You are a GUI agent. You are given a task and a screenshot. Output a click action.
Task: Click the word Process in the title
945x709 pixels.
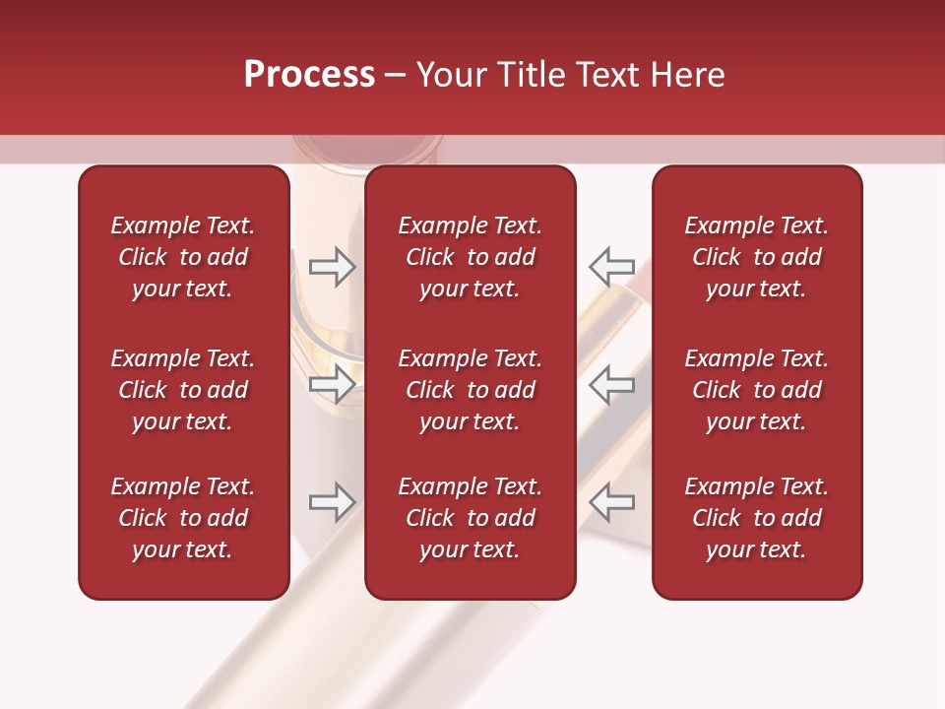click(x=309, y=75)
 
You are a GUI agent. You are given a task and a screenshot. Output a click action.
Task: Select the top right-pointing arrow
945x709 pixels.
click(x=332, y=266)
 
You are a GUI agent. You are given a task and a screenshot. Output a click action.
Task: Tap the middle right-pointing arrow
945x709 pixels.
click(x=332, y=384)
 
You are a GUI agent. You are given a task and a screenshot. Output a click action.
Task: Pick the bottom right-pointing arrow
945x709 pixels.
click(x=332, y=502)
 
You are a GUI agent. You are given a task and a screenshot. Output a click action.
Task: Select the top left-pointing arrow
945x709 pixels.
click(x=611, y=266)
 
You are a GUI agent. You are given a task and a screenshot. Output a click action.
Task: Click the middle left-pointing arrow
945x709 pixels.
click(x=611, y=384)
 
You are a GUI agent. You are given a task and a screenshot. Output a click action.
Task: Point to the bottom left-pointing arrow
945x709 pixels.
click(x=611, y=502)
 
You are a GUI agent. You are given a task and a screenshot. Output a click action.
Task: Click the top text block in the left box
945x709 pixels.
click(x=183, y=257)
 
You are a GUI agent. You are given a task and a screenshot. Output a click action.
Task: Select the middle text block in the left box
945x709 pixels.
click(x=183, y=390)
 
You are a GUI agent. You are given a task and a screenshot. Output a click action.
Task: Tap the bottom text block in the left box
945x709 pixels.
click(x=183, y=518)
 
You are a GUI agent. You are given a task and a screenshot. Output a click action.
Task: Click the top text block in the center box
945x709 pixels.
click(x=470, y=257)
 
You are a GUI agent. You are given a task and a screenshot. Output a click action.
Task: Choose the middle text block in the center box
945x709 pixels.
click(x=470, y=390)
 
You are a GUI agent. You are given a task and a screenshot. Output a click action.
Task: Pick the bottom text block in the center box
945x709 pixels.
click(x=470, y=518)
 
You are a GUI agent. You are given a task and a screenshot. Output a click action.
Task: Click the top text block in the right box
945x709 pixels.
click(x=756, y=257)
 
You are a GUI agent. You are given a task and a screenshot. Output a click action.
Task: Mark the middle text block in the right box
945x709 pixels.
click(x=756, y=390)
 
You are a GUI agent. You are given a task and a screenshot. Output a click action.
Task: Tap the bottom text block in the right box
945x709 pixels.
click(x=756, y=518)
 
